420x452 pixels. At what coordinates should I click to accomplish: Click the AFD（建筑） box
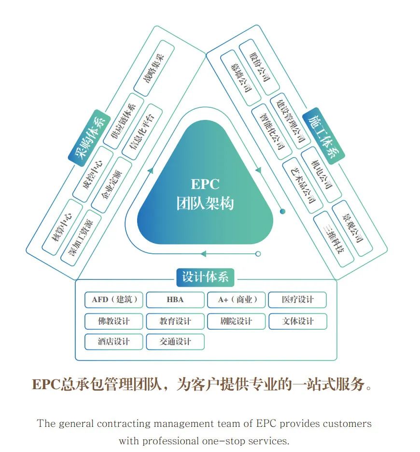tap(114, 300)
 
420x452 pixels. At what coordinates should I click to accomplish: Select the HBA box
tap(175, 300)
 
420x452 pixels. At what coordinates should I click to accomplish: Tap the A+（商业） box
tap(236, 300)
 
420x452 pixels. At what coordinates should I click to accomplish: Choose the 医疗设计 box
tap(297, 300)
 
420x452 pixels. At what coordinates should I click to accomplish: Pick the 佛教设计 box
tap(114, 321)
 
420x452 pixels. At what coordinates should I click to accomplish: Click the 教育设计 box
tap(175, 321)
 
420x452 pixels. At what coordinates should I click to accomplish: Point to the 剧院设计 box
tap(236, 321)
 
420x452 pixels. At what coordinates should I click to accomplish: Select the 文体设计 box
tap(297, 321)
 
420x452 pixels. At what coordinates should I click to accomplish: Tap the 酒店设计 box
tap(114, 341)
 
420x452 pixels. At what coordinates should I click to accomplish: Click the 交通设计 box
tap(175, 341)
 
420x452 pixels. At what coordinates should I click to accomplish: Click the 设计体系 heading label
tap(205, 277)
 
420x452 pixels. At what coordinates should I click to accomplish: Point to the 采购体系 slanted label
tap(89, 137)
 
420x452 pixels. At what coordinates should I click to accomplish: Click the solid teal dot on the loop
tap(283, 211)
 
